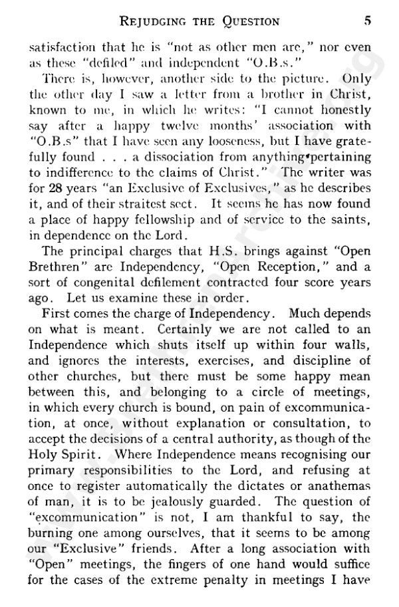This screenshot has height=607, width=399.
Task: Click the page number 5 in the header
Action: tap(367, 21)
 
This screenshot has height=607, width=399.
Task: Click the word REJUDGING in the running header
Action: tap(154, 21)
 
